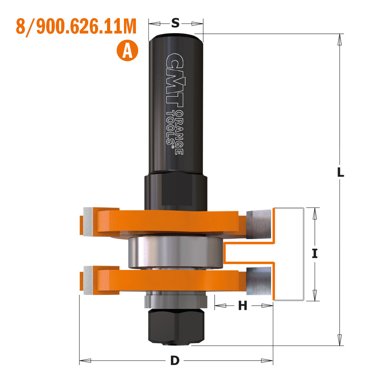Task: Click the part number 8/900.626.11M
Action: coord(76,27)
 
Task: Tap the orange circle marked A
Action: coord(127,50)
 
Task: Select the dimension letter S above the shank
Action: coord(175,23)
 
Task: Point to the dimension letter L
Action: coord(340,172)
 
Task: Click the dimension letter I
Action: coord(315,253)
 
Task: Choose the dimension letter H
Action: coord(243,306)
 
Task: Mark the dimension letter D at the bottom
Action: coord(175,361)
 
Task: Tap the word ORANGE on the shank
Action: coord(179,132)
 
